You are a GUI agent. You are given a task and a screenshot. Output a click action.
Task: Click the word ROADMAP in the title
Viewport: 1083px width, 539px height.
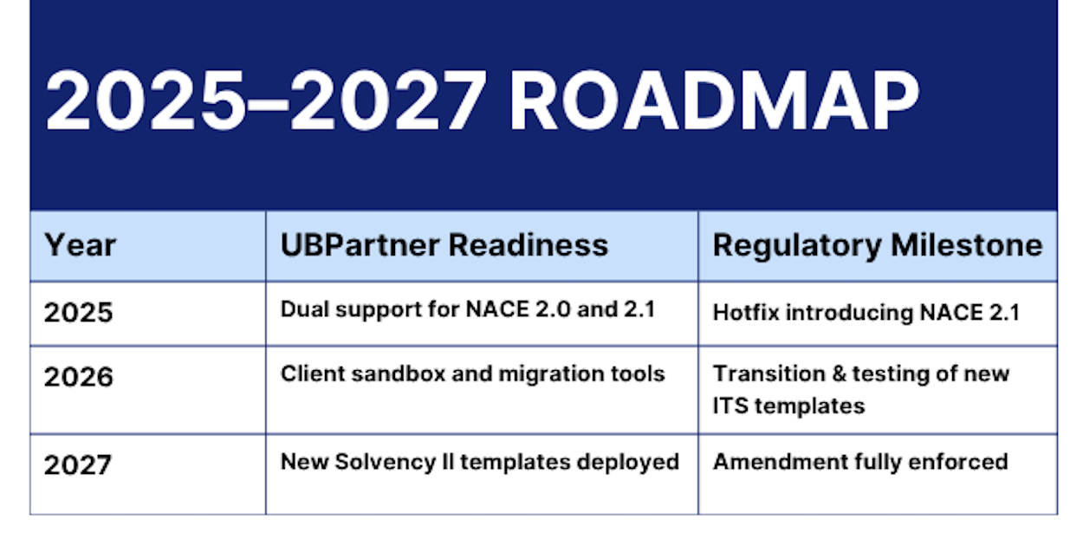(715, 100)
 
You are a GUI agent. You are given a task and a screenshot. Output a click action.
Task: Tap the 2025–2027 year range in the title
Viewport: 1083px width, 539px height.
(266, 100)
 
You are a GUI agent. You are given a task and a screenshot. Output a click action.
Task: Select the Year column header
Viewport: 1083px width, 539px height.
(81, 245)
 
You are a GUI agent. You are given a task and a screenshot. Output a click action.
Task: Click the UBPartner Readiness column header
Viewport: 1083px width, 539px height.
(444, 244)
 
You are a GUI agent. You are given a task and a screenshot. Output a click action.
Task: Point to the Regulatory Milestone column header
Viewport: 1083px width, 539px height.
(877, 245)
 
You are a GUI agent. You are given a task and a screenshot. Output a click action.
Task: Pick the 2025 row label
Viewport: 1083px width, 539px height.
(78, 312)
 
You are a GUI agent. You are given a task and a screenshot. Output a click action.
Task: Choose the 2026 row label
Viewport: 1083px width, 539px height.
(78, 377)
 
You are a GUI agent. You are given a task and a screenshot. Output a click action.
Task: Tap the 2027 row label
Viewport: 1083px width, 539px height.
(78, 464)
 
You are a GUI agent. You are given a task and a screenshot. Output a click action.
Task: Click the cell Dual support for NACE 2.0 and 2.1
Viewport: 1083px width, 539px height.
(468, 310)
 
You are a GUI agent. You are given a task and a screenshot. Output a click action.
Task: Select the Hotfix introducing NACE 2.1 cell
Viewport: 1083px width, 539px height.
(866, 313)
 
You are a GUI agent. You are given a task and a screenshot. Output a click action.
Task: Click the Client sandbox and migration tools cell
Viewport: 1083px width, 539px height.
(472, 373)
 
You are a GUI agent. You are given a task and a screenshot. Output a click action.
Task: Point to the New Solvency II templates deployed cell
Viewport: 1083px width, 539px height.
(480, 463)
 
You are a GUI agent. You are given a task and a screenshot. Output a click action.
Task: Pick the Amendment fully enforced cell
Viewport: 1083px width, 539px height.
(860, 462)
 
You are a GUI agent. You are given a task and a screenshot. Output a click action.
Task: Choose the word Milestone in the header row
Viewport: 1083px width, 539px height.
(966, 245)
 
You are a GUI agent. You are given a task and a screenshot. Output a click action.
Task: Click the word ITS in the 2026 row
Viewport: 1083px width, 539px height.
(730, 406)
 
